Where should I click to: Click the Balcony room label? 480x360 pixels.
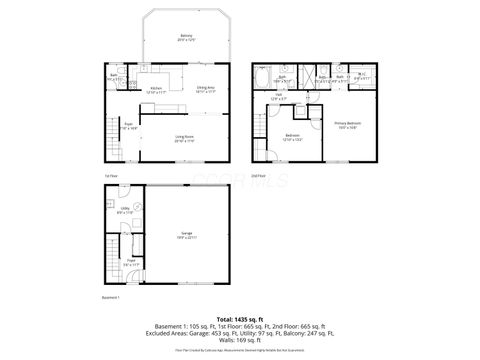coord(186,37)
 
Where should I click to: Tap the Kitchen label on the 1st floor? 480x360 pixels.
coord(157,90)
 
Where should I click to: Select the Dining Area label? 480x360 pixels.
coord(206,90)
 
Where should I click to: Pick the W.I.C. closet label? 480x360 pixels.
coord(361,75)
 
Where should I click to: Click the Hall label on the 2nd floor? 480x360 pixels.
coord(279,98)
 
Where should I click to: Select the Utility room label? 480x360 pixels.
coord(125,211)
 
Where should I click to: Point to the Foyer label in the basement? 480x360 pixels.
coord(130,263)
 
